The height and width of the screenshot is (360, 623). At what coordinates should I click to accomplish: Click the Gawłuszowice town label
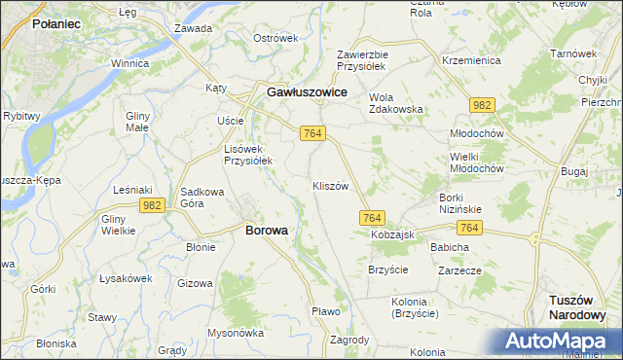308,91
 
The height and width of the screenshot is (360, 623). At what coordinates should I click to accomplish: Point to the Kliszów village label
330,186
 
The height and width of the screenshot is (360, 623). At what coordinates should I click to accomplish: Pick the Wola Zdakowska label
395,102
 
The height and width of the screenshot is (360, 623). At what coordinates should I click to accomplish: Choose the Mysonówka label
236,332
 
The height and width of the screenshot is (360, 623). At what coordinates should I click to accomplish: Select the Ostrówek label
274,38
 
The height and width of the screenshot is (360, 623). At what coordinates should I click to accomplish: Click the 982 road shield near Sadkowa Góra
151,204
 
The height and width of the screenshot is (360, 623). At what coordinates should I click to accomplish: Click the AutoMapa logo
560,342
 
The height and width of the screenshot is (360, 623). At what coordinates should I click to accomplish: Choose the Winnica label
128,63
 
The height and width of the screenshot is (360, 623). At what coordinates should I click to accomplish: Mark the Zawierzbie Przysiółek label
362,60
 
